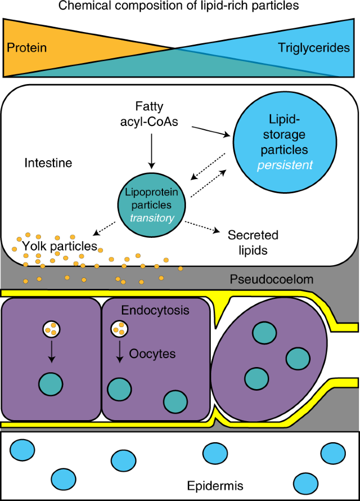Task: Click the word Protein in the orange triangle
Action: click(27, 48)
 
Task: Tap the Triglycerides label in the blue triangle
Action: click(314, 48)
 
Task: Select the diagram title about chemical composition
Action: click(178, 5)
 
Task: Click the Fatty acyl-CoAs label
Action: click(149, 114)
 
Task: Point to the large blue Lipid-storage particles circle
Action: click(284, 142)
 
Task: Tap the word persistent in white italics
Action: click(285, 165)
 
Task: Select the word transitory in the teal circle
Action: click(152, 218)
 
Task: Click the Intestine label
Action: click(48, 163)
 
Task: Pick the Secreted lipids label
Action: click(253, 243)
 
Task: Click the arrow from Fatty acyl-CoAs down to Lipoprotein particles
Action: click(151, 151)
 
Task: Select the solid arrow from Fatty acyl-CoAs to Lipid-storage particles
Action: click(211, 132)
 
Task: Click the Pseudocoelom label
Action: click(271, 279)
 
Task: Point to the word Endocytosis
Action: click(155, 310)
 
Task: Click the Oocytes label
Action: click(152, 354)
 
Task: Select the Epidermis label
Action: click(215, 486)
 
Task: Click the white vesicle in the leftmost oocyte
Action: click(52, 329)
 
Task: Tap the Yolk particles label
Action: click(59, 246)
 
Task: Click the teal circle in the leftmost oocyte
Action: click(51, 384)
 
